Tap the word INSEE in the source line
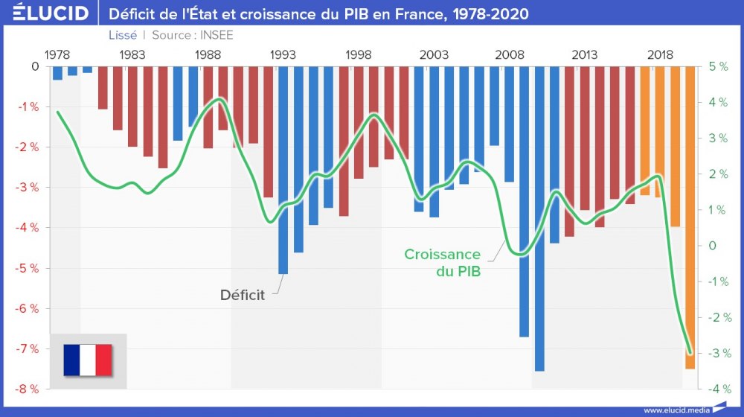coord(217,35)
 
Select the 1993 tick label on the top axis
coord(283,55)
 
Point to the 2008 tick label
coord(509,55)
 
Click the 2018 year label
coord(660,55)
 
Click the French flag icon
coord(88,360)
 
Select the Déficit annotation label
coord(243,295)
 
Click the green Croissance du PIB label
coord(442,263)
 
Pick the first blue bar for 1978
coord(57,73)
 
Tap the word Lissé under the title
coord(122,35)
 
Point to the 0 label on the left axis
coord(34,66)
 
